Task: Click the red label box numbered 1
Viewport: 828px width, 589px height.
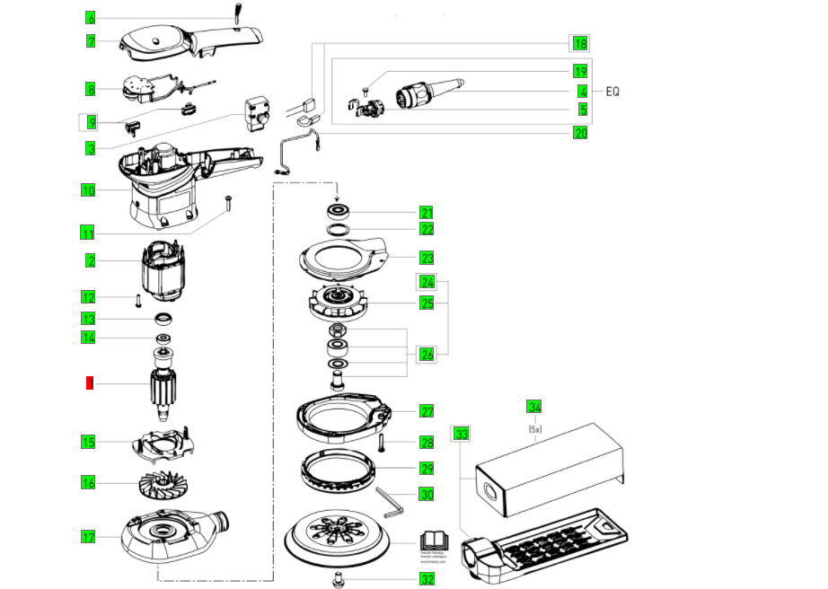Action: (89, 383)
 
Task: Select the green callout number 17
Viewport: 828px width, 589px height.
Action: (88, 537)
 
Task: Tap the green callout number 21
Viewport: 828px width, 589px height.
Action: (427, 213)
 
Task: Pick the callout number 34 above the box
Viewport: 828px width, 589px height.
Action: (534, 408)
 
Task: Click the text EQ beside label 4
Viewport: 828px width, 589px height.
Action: (613, 92)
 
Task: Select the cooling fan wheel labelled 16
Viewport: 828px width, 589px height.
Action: (170, 485)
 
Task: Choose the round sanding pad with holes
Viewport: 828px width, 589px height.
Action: (340, 541)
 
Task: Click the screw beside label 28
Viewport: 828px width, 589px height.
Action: (382, 442)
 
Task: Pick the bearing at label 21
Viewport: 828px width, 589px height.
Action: (339, 212)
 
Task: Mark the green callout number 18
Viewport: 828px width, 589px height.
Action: (580, 43)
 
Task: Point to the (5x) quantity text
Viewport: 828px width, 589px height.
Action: (534, 428)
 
